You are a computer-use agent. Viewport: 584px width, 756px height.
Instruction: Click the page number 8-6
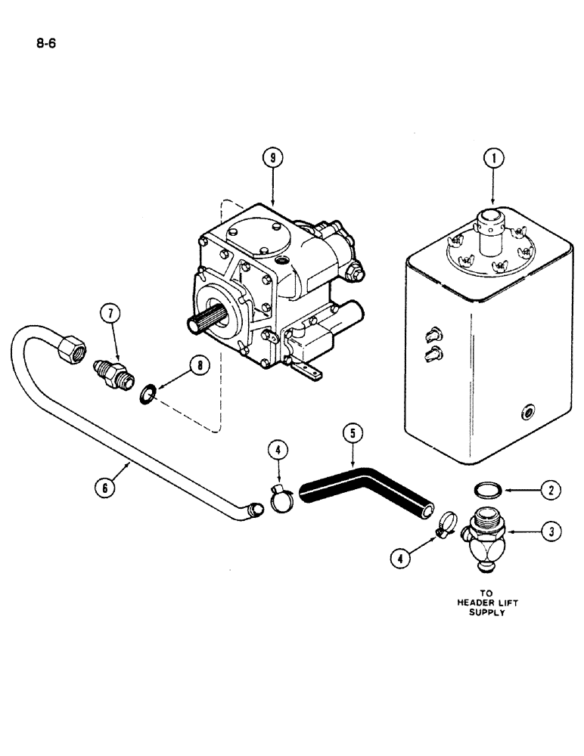click(46, 43)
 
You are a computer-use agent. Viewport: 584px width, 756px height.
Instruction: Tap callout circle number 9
click(271, 158)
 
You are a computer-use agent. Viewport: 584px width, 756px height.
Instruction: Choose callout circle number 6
click(106, 488)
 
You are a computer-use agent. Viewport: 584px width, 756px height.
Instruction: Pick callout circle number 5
click(353, 435)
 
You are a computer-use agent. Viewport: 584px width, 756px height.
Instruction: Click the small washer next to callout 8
click(148, 392)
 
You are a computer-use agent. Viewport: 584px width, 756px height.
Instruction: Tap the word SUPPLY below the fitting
click(483, 613)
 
